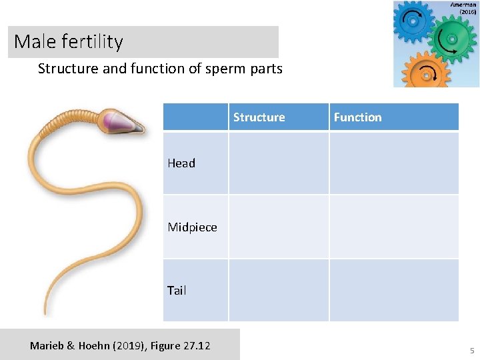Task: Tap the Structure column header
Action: click(259, 117)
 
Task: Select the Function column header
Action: click(357, 117)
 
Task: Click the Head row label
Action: click(181, 163)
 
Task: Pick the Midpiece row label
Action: click(192, 227)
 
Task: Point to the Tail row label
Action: click(177, 291)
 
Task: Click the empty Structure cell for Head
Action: click(279, 163)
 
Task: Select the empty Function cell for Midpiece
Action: click(393, 227)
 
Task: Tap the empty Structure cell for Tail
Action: click(279, 290)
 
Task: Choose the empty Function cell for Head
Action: click(393, 163)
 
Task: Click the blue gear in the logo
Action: click(413, 21)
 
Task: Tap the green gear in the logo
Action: click(452, 39)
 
